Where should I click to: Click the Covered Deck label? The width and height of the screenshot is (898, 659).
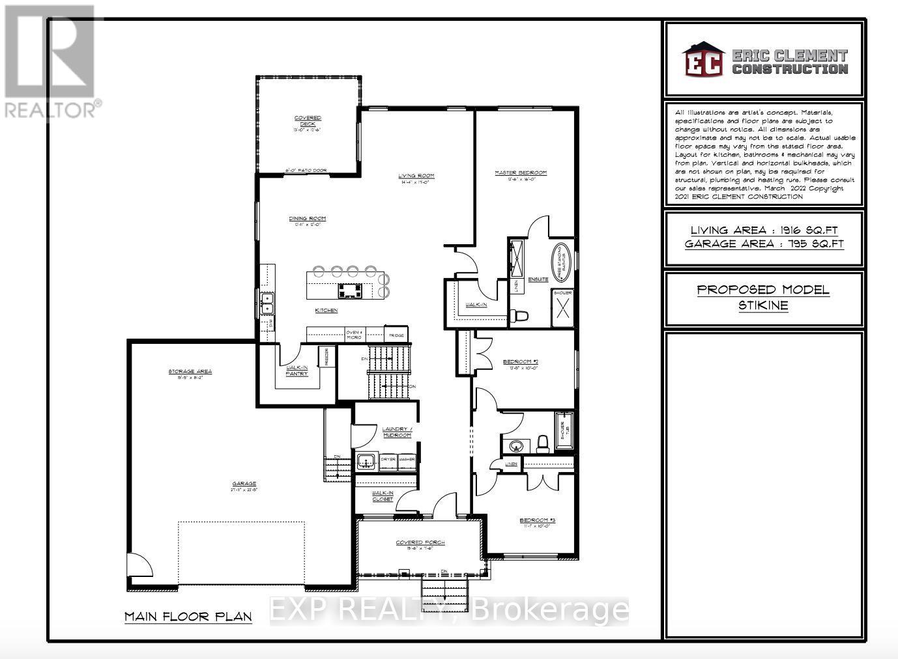[308, 121]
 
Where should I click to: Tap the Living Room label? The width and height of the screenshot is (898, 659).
[417, 176]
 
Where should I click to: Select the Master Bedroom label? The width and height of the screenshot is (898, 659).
[520, 173]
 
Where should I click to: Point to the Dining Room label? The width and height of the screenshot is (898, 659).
[308, 219]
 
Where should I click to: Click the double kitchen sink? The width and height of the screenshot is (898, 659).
[267, 302]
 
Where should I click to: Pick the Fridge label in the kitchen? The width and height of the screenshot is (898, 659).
[397, 335]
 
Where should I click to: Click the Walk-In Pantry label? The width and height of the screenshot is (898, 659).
[297, 371]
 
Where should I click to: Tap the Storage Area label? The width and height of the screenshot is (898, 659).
[190, 372]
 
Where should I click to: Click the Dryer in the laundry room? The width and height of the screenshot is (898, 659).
[388, 460]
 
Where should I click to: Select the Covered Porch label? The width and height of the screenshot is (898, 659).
[420, 542]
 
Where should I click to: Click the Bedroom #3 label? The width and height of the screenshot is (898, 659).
[537, 520]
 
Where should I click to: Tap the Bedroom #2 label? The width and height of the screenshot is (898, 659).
[519, 362]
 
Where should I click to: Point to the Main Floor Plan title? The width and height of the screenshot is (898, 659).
[188, 616]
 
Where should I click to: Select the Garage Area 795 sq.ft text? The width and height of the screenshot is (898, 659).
[764, 244]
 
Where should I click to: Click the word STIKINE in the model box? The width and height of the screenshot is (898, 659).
[763, 305]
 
